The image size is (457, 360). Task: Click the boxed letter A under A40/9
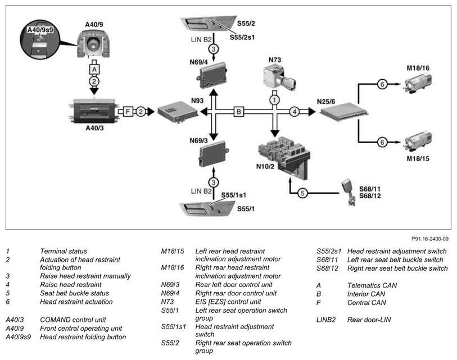tap(94, 69)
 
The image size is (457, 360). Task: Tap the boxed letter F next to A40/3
tap(128, 112)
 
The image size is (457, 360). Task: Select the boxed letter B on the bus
tap(238, 112)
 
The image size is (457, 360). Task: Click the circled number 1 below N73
tap(274, 99)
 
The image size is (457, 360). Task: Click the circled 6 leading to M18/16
tap(382, 84)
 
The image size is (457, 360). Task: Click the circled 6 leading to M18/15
tap(382, 143)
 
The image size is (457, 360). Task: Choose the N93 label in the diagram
tap(197, 101)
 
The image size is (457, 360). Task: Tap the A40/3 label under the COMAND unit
tap(94, 128)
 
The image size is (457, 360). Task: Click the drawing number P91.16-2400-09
tap(429, 238)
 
